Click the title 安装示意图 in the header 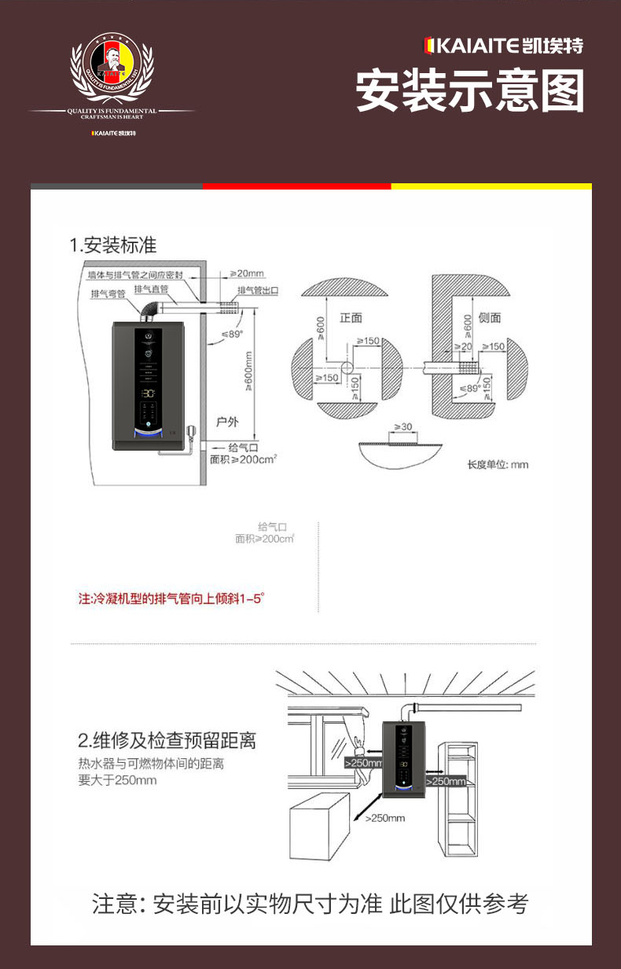(470, 91)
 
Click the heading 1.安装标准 (113, 245)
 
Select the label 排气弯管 (108, 294)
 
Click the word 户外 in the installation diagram (227, 422)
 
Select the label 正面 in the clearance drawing (351, 318)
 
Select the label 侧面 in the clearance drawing (489, 318)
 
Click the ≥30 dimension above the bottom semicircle (402, 427)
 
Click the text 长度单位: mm (498, 465)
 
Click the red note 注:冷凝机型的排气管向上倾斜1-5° (171, 599)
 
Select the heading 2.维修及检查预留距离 (167, 741)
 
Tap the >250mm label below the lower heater (384, 818)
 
